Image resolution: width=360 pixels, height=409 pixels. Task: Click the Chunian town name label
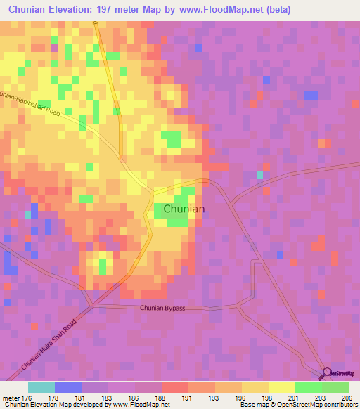pos(184,209)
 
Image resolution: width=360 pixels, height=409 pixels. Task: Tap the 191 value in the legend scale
pos(188,398)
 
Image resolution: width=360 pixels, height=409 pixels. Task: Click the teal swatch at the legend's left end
pos(41,387)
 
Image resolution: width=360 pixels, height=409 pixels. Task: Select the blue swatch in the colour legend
pos(67,387)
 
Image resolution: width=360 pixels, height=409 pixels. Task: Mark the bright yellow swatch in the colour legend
pos(281,387)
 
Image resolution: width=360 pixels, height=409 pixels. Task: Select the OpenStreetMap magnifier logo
pos(327,374)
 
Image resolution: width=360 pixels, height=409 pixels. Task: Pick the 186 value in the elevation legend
pos(134,398)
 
